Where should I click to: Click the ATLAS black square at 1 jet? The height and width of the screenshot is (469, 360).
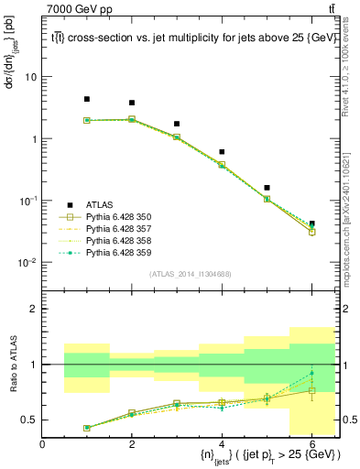(x=87, y=99)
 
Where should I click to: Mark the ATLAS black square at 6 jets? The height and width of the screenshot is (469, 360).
(x=311, y=224)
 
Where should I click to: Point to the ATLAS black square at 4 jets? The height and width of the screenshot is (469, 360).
(x=222, y=152)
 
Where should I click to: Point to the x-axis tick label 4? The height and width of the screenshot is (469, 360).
(x=222, y=444)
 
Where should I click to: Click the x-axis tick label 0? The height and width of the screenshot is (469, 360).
(x=42, y=444)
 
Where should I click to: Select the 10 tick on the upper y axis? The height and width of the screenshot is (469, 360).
(x=31, y=77)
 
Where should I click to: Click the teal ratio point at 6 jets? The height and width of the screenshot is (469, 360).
(x=311, y=373)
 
